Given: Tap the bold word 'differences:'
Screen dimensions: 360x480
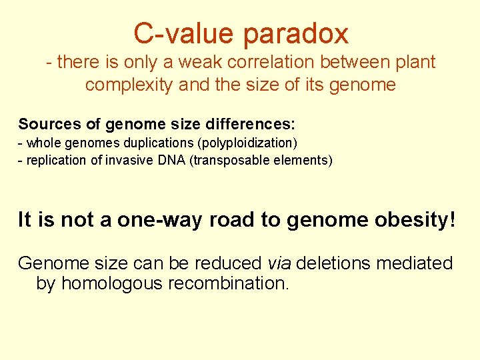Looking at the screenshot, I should coord(255,124).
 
